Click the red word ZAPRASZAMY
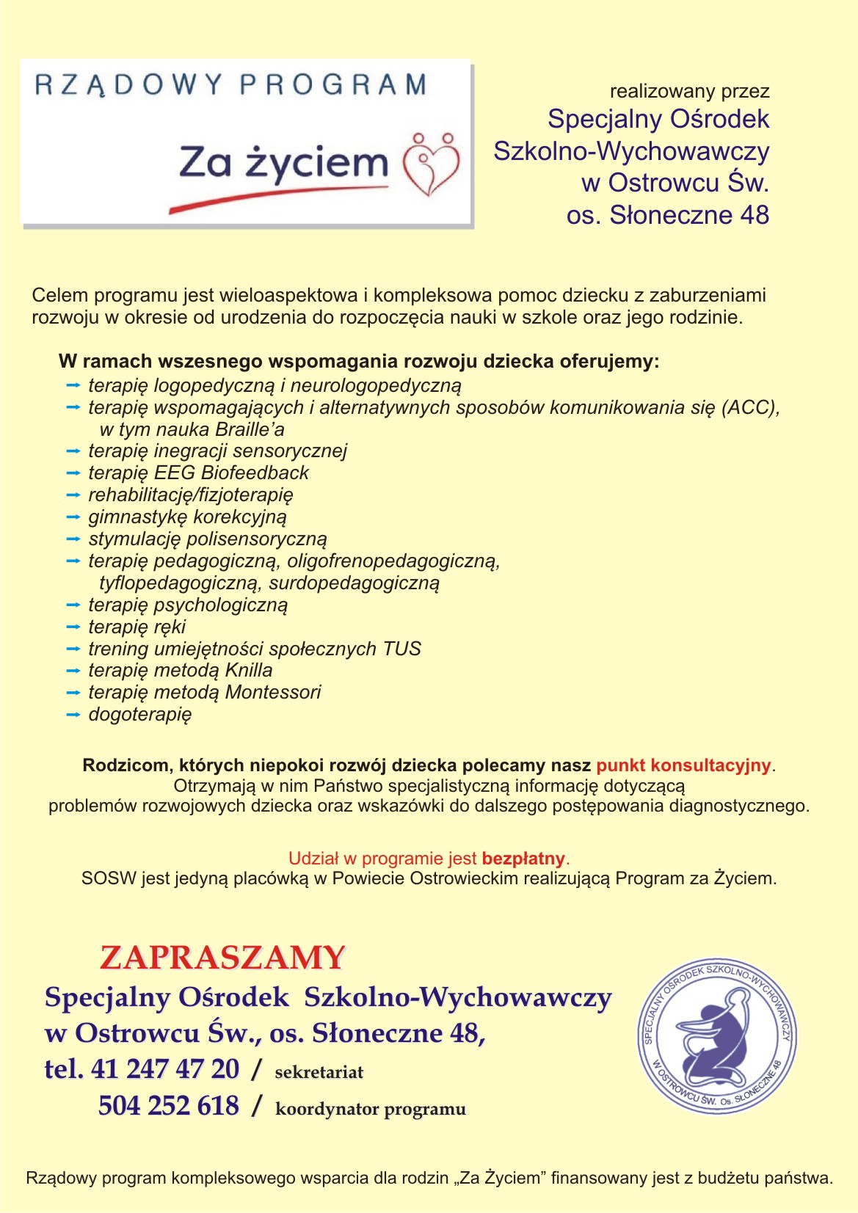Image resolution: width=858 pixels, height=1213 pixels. tap(222, 958)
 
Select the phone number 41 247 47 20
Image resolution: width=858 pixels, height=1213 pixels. tap(165, 1068)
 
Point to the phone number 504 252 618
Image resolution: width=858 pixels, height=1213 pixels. tap(169, 1105)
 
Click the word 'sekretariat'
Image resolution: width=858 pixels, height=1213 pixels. tap(319, 1072)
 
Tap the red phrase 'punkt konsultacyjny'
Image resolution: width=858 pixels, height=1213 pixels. tap(683, 765)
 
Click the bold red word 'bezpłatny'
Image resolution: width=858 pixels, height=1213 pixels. tap(523, 859)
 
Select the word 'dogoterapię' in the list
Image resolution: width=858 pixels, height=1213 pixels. tap(140, 714)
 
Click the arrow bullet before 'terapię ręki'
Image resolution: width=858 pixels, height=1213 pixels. tap(73, 627)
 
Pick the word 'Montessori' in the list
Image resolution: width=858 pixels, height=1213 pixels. tap(273, 692)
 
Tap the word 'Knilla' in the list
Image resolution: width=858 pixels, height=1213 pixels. tap(249, 670)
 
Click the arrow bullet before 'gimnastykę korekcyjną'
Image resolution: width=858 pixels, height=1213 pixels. tap(73, 517)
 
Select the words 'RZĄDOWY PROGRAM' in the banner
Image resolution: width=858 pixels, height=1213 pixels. tap(230, 85)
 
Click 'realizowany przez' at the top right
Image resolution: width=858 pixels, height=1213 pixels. tap(689, 92)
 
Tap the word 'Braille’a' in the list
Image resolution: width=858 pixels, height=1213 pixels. tap(250, 429)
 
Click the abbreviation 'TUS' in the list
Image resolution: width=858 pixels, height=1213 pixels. tap(402, 649)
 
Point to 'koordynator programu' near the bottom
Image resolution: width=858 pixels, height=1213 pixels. tap(371, 1109)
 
